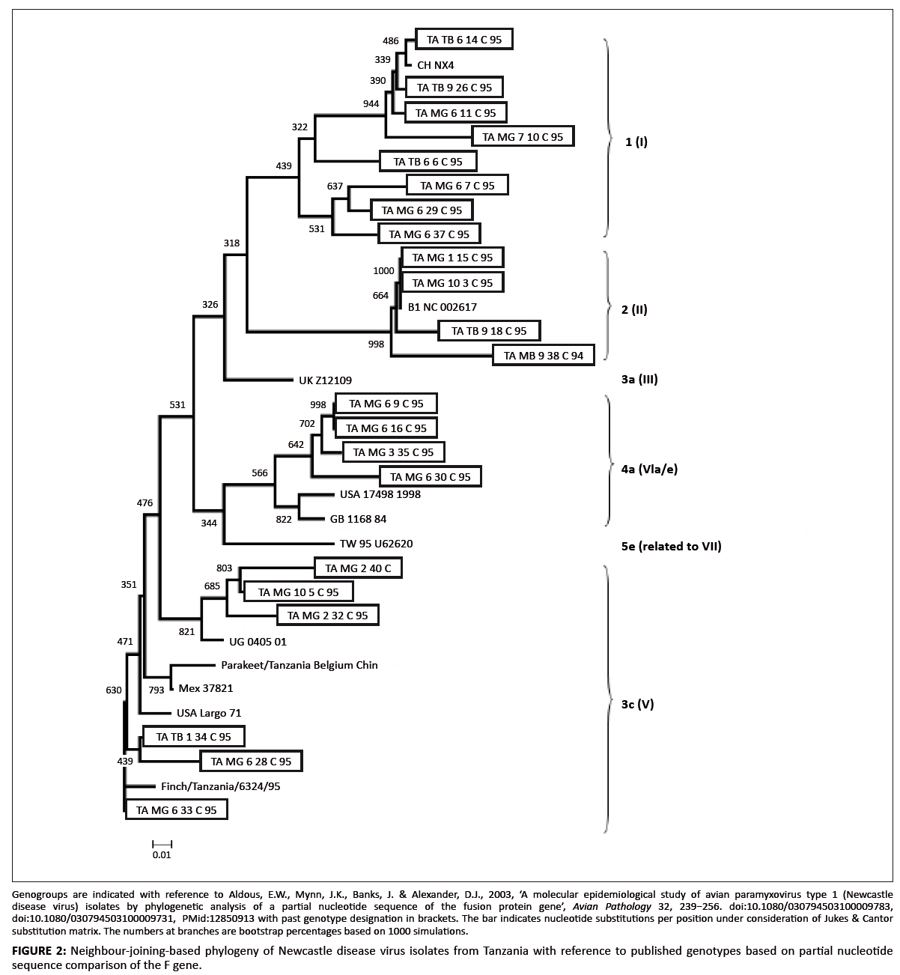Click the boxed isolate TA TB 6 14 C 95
(x=464, y=40)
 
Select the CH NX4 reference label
(x=435, y=64)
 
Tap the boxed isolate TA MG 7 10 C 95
(x=523, y=136)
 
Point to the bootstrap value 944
(x=371, y=103)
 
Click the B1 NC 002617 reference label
(x=442, y=307)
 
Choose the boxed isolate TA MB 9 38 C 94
(x=544, y=355)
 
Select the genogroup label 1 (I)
(x=636, y=141)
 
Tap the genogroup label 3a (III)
(x=639, y=380)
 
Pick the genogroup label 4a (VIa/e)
(x=649, y=470)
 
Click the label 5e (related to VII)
(x=671, y=546)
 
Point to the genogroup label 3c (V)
(x=638, y=704)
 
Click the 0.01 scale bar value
(x=162, y=854)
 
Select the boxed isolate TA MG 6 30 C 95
(x=431, y=476)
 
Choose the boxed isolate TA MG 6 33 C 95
(x=176, y=810)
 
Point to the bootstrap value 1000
(x=383, y=270)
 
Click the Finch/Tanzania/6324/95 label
(x=220, y=786)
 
